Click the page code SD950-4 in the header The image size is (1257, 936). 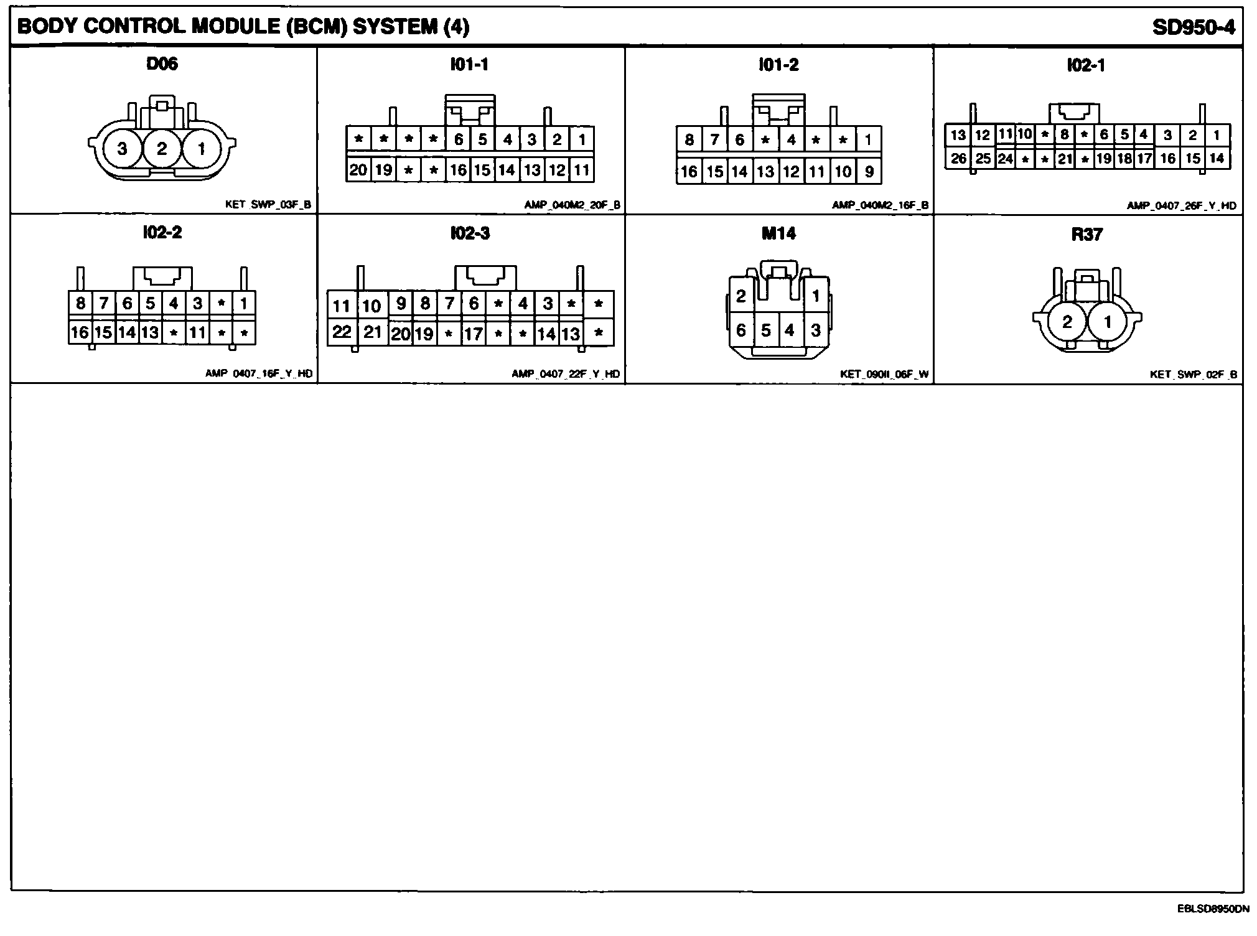click(x=1193, y=27)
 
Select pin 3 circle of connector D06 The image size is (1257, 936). click(x=122, y=149)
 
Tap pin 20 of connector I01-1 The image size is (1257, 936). click(x=358, y=170)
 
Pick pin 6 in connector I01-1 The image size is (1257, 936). click(x=459, y=139)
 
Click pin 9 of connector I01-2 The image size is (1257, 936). click(x=869, y=172)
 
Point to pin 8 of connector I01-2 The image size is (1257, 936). click(x=689, y=139)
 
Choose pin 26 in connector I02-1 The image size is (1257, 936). click(x=958, y=159)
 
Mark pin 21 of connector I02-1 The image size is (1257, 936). click(x=1065, y=159)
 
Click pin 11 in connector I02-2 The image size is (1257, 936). click(x=197, y=333)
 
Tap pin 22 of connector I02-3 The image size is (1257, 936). click(x=342, y=332)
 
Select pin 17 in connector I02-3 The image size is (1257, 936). click(x=474, y=334)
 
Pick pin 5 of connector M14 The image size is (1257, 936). click(x=766, y=330)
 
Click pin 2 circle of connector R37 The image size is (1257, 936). click(x=1067, y=322)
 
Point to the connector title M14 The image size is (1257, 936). click(x=778, y=233)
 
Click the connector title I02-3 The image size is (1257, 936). click(x=470, y=233)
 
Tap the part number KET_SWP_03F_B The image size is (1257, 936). click(x=268, y=205)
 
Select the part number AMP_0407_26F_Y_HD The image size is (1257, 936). click(x=1181, y=205)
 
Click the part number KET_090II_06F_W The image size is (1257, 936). click(x=884, y=374)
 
